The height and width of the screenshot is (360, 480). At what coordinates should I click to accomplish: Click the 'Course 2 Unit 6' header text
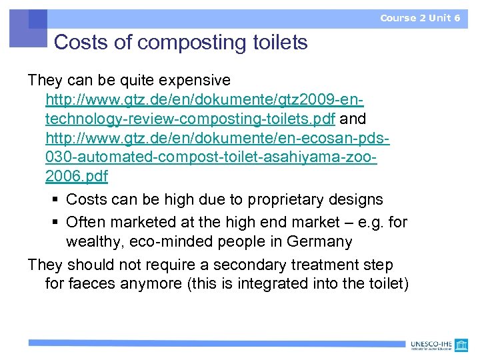tap(420, 18)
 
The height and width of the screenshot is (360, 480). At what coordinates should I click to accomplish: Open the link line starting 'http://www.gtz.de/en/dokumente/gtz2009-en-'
tap(204, 100)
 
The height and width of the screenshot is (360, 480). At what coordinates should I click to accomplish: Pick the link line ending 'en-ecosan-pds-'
tap(217, 139)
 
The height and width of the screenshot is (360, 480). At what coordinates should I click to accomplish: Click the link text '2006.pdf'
tap(77, 177)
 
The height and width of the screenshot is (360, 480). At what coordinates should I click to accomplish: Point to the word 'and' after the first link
tap(353, 119)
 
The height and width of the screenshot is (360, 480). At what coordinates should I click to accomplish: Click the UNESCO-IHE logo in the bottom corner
tap(441, 345)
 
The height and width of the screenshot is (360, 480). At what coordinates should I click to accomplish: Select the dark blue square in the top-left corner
tap(38, 18)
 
